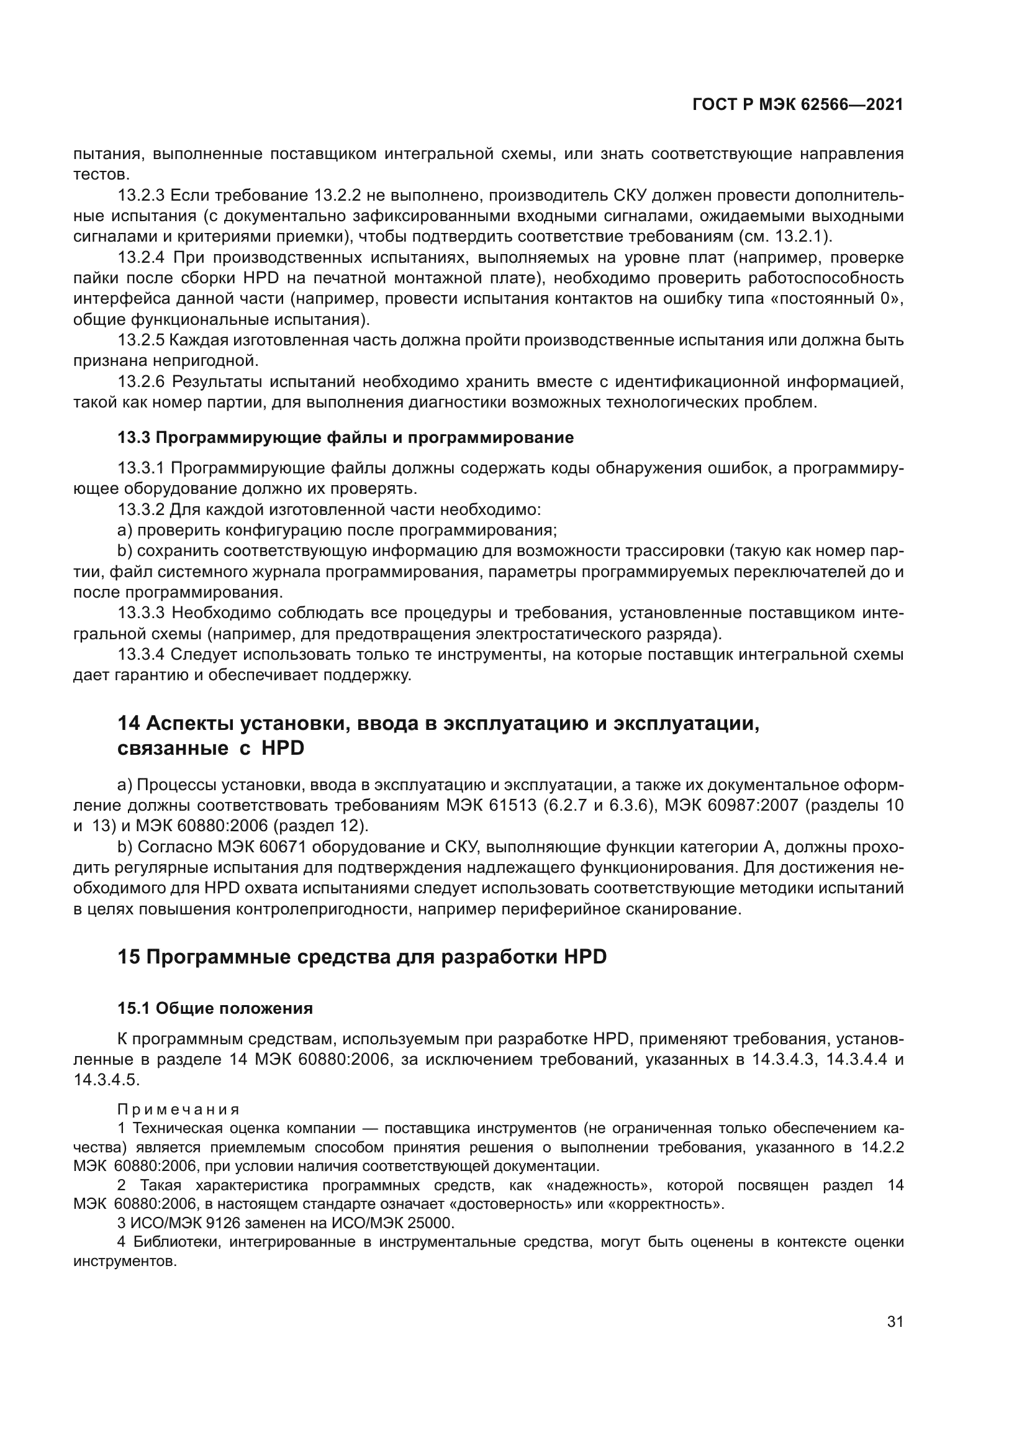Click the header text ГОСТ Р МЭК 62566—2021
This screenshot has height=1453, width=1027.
[797, 105]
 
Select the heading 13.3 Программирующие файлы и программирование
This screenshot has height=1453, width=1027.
[345, 437]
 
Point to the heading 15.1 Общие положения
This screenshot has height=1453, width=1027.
[215, 1008]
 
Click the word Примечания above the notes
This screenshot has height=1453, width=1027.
[178, 1109]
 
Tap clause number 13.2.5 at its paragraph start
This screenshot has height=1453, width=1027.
[141, 340]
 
